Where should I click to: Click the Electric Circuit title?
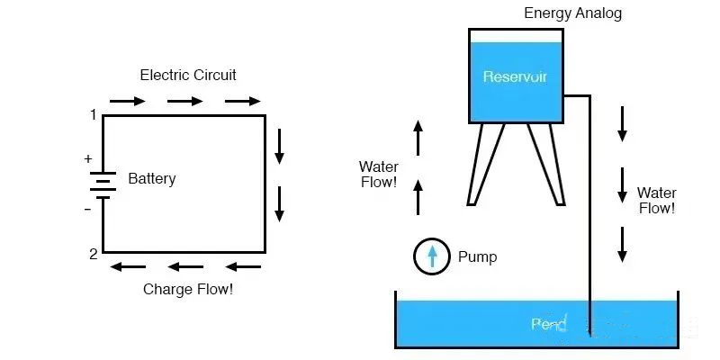point(188,75)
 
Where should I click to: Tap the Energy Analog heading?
point(573,13)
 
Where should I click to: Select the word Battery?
point(152,178)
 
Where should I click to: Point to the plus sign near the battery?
point(88,159)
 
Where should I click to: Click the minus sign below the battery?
point(88,209)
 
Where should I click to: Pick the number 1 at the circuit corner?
point(93,115)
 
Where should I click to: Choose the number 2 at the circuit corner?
point(93,254)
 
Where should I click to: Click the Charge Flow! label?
point(188,290)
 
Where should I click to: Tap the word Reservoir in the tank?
point(515,76)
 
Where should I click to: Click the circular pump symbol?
point(432,256)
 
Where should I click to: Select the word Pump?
point(477,256)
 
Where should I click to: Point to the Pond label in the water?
point(547,324)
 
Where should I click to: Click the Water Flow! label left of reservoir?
point(378,175)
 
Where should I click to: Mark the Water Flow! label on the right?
point(656,200)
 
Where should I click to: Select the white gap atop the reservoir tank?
point(516,35)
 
